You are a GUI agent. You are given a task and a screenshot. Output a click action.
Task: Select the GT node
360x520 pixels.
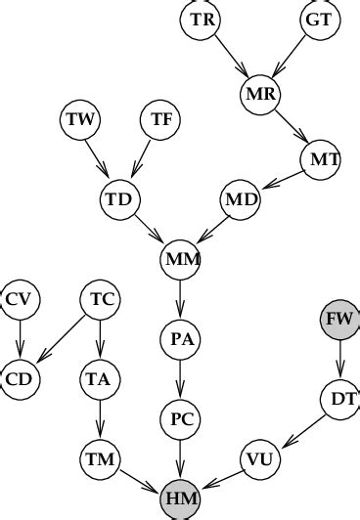(318, 20)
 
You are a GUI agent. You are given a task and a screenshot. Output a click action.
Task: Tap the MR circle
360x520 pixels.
(260, 95)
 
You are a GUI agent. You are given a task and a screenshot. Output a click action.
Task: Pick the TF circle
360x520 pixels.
(161, 120)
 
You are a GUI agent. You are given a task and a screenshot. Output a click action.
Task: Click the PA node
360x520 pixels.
(180, 340)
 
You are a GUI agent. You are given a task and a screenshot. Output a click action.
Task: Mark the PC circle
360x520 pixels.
(180, 419)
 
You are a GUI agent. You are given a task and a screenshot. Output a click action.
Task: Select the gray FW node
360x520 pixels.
(339, 319)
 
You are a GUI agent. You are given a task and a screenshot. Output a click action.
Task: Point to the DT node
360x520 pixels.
(339, 398)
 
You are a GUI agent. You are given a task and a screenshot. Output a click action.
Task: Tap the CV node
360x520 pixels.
(20, 298)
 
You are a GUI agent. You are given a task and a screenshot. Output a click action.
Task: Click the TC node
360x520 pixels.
(99, 298)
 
